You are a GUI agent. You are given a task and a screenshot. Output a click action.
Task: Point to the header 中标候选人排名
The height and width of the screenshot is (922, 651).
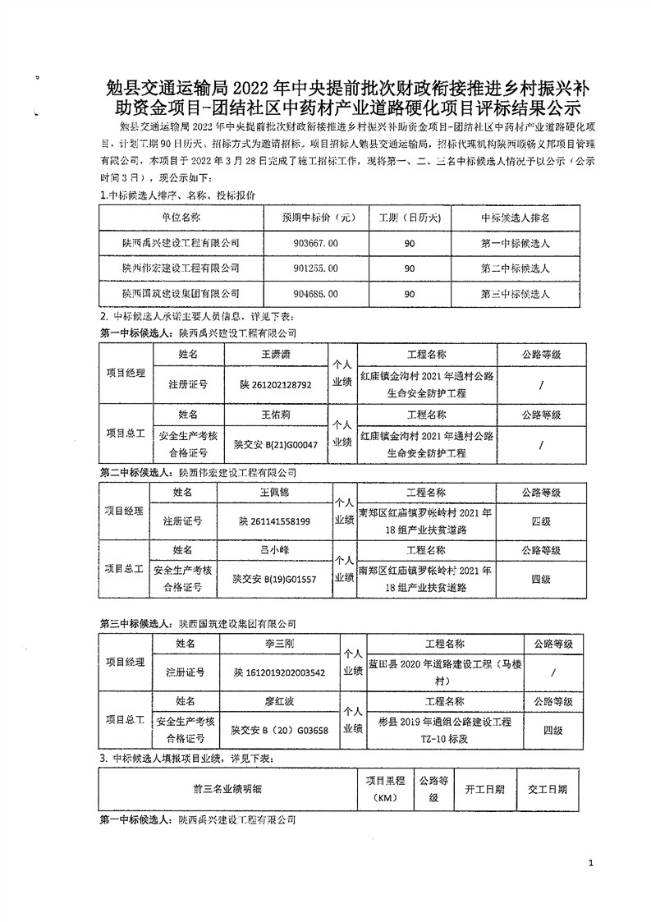coord(515,218)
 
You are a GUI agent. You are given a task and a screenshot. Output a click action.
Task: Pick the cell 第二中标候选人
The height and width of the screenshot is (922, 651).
coord(515,268)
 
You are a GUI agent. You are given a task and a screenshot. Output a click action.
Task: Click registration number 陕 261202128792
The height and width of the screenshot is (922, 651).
coord(276,383)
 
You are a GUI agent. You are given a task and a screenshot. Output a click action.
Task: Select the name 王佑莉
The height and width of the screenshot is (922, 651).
coord(276,415)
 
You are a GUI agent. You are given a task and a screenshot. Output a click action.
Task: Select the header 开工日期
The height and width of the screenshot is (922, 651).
coord(484,789)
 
